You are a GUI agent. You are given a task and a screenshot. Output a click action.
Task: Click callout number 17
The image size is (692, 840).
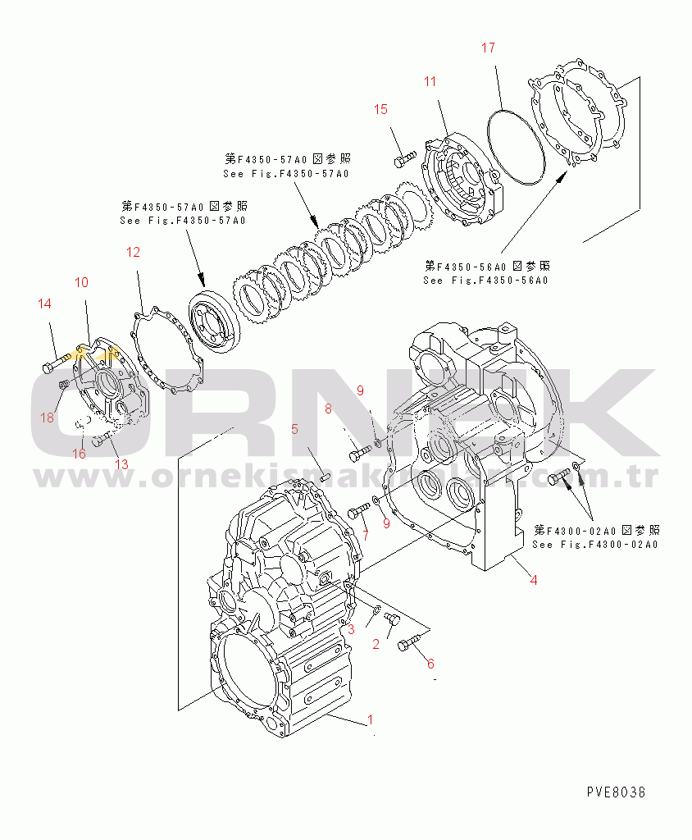(487, 48)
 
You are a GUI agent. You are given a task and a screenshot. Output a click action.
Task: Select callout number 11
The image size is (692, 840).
(430, 80)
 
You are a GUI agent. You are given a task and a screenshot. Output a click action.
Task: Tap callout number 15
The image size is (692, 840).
(380, 110)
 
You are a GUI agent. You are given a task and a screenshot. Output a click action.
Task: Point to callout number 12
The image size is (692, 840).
(133, 253)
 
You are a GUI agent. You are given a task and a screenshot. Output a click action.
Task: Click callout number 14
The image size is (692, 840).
(44, 304)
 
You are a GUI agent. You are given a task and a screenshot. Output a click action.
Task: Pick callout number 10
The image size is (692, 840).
(82, 282)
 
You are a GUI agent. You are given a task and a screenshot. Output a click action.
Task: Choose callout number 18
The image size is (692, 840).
(48, 418)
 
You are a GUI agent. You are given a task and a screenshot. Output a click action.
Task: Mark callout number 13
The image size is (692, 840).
(121, 464)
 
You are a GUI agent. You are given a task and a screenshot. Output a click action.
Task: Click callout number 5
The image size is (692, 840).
(293, 428)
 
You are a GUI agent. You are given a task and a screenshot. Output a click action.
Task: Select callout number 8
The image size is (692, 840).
(329, 408)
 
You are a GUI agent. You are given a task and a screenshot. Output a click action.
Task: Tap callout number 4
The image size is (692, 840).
(533, 580)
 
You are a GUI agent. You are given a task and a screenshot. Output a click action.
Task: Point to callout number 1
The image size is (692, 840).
(370, 720)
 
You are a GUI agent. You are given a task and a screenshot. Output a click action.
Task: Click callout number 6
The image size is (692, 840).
(430, 664)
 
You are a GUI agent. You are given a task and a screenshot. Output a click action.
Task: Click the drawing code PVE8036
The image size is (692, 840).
(616, 792)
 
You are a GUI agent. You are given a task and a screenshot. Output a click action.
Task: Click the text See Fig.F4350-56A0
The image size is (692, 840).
(485, 281)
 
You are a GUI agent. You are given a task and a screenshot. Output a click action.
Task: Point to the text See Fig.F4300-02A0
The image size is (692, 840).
(595, 545)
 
